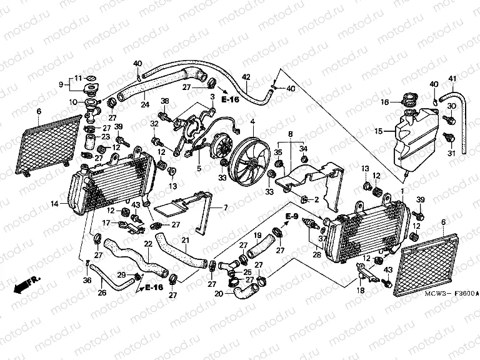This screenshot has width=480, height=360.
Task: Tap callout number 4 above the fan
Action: [x=252, y=121]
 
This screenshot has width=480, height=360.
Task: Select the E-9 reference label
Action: [x=291, y=216]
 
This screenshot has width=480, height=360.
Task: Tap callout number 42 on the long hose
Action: [x=246, y=77]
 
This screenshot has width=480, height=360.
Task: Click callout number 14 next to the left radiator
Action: [x=55, y=203]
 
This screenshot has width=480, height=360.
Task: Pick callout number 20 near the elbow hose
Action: [x=217, y=294]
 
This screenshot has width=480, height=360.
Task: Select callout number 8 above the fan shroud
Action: [x=290, y=134]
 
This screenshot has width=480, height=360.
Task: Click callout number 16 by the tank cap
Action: [x=385, y=101]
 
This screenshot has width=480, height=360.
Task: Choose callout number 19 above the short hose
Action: [x=257, y=236]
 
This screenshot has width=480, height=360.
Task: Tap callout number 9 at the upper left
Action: [x=62, y=84]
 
